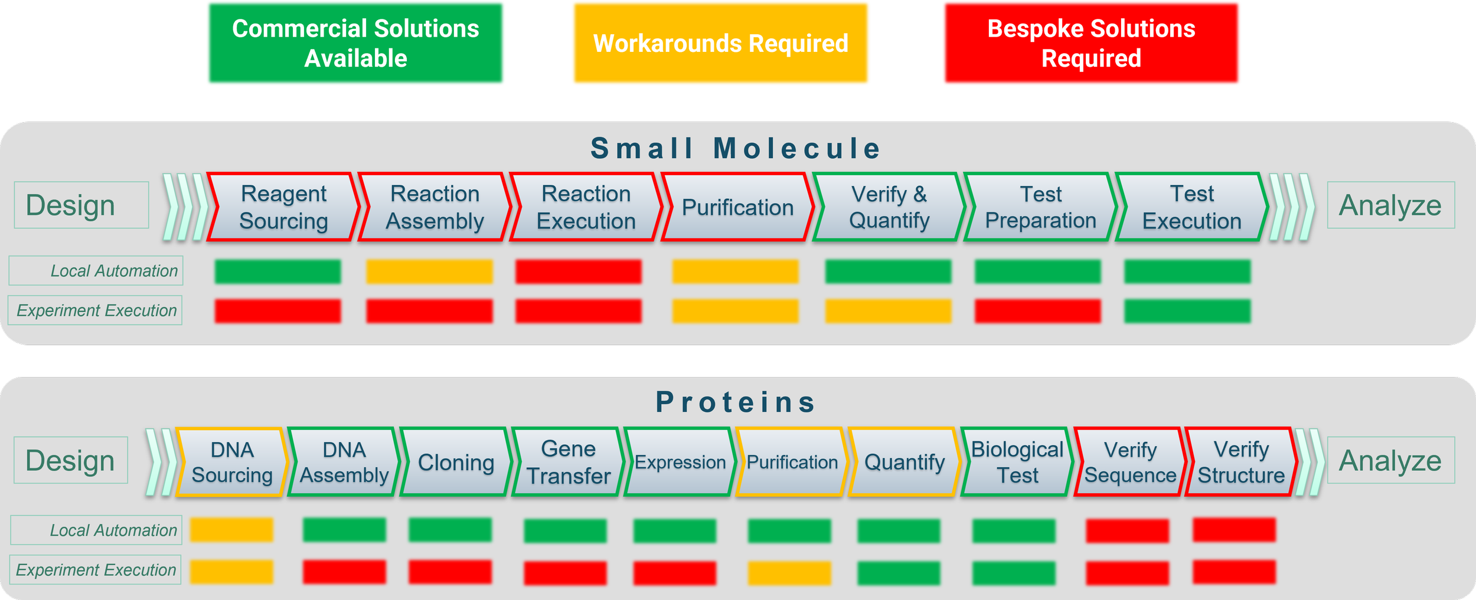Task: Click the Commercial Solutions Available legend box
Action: (x=355, y=43)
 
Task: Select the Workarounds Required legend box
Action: (x=720, y=43)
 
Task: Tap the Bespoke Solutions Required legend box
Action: (x=1091, y=43)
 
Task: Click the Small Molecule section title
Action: (x=736, y=148)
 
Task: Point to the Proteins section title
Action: (x=736, y=402)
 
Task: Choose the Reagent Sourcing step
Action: (x=283, y=207)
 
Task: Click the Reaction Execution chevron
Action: (x=586, y=207)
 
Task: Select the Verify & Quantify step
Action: (x=889, y=207)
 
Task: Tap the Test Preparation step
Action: (x=1040, y=207)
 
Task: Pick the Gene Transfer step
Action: (x=568, y=462)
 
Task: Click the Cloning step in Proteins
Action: (x=456, y=462)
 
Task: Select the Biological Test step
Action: (x=1017, y=462)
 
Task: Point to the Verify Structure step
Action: (x=1241, y=462)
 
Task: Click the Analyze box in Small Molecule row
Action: (x=1390, y=205)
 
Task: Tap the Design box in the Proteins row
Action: (x=70, y=460)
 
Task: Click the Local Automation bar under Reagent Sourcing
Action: (x=277, y=271)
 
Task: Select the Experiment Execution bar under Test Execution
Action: (x=1187, y=311)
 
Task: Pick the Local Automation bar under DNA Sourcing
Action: (x=231, y=530)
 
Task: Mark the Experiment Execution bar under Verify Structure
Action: (x=1234, y=572)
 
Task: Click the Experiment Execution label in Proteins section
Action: (x=96, y=570)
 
